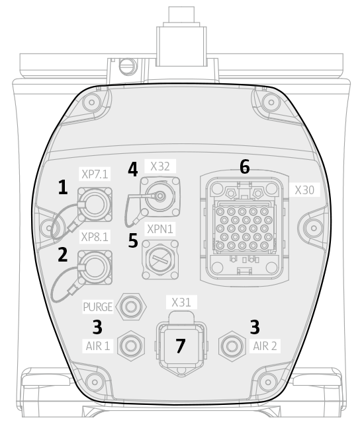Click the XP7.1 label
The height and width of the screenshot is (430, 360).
(95, 174)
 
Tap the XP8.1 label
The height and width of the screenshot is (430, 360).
(95, 236)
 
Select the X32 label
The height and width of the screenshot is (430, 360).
(160, 166)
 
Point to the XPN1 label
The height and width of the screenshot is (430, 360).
(160, 229)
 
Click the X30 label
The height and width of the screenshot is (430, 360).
(304, 190)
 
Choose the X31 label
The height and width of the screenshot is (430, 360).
(181, 303)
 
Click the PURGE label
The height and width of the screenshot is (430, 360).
(98, 307)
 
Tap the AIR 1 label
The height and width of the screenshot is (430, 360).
(98, 346)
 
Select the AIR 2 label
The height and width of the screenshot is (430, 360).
(265, 346)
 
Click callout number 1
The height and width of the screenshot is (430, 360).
(64, 188)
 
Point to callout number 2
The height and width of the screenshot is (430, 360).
(63, 254)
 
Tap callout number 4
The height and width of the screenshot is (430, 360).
(133, 170)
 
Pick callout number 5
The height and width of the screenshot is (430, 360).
(133, 240)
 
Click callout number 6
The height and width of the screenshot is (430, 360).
(245, 166)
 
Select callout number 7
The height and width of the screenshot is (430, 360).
(181, 346)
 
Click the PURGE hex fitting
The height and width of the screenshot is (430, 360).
(131, 306)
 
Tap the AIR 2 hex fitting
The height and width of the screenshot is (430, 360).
(232, 346)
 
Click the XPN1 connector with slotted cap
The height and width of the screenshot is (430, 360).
(160, 260)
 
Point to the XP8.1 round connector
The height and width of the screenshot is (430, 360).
(95, 268)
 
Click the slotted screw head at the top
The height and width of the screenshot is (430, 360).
(128, 66)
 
